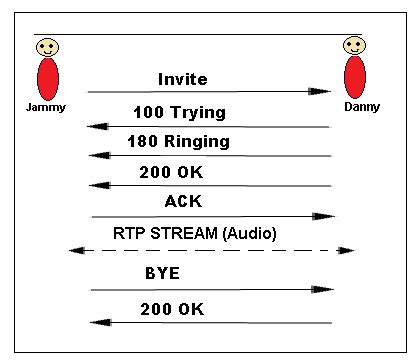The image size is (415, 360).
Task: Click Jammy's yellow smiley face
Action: pyautogui.click(x=47, y=47)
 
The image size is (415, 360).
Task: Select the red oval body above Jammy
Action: pyautogui.click(x=47, y=80)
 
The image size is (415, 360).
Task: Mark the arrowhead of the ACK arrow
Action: pyautogui.click(x=323, y=216)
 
